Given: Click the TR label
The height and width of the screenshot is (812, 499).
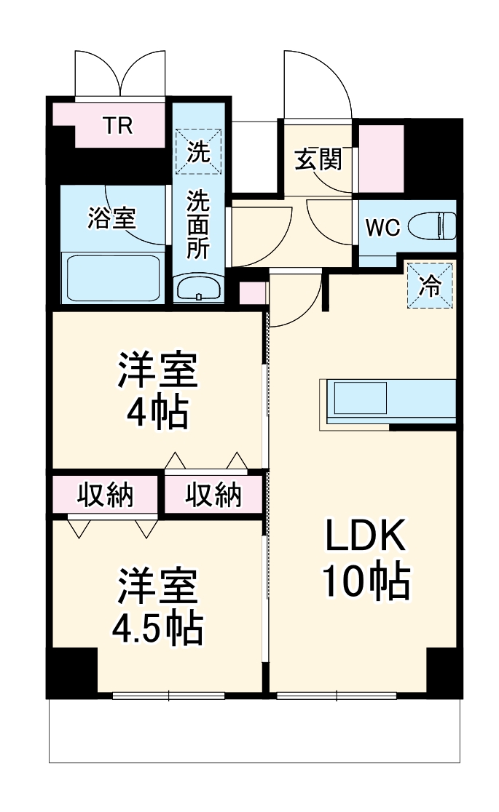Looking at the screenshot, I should pyautogui.click(x=117, y=126).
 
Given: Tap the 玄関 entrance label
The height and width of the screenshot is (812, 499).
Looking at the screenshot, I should pyautogui.click(x=318, y=159).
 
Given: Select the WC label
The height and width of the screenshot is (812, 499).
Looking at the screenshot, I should pyautogui.click(x=382, y=228).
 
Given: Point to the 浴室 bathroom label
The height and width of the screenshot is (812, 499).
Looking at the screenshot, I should pyautogui.click(x=111, y=218).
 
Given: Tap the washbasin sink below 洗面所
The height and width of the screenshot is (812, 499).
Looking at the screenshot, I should pyautogui.click(x=199, y=289).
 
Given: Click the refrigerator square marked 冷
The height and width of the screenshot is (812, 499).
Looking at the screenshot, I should pyautogui.click(x=431, y=284).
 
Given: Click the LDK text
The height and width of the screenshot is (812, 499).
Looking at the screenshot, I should pyautogui.click(x=364, y=538).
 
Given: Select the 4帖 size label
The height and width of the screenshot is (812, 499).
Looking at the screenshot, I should pyautogui.click(x=157, y=413).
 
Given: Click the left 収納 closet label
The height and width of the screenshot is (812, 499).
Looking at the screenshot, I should pyautogui.click(x=106, y=495).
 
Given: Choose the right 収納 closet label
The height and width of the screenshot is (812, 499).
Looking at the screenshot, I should pyautogui.click(x=213, y=495).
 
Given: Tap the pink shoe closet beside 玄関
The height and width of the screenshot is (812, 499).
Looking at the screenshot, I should pyautogui.click(x=382, y=158).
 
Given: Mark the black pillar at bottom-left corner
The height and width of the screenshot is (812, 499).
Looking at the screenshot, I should pyautogui.click(x=72, y=672).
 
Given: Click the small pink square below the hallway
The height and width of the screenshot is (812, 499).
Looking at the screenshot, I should pyautogui.click(x=252, y=292).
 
